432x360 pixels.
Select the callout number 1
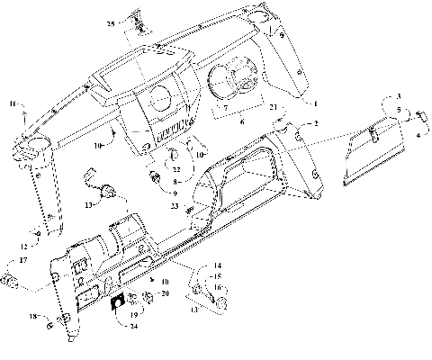(397, 96)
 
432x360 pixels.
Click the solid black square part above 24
(118, 303)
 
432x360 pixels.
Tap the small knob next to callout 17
(11, 282)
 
